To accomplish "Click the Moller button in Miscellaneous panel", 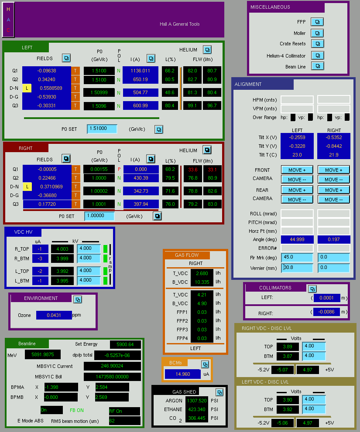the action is [317, 33].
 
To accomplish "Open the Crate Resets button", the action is [317, 44].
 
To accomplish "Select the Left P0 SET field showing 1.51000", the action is [102, 129].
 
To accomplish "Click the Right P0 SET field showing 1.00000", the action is [99, 216].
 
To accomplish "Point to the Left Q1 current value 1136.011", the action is [141, 71].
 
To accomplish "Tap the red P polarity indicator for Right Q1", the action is [119, 169].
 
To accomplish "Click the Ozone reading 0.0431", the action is [54, 315].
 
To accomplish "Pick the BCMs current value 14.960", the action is [183, 374].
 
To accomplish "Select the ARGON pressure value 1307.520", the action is [197, 401].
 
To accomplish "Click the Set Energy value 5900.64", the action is [125, 344].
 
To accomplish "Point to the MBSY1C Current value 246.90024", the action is [112, 366].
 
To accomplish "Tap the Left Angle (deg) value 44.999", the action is [297, 239].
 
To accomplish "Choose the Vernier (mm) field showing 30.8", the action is [297, 268].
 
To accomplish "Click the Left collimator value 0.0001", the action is [326, 298].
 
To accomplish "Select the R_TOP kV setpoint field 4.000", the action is [89, 248].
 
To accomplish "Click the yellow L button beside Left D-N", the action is [27, 88].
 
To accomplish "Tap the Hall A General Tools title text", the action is [180, 24].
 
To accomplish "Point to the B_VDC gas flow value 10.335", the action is [202, 282].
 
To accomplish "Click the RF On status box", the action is [124, 411].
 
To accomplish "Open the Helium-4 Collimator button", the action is [318, 56].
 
